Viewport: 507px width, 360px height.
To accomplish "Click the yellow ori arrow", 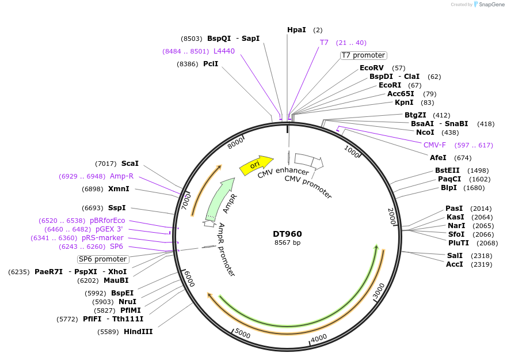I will [x=256, y=165].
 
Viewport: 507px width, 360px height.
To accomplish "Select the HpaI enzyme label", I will [x=296, y=29].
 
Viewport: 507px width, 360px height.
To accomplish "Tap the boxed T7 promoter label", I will [x=363, y=55].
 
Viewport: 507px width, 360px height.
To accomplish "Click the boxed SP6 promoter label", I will [x=103, y=259].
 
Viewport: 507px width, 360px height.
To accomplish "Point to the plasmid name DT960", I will [x=287, y=234].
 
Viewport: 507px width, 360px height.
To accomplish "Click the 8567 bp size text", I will [x=287, y=242].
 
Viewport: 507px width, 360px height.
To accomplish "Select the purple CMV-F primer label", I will [x=434, y=145].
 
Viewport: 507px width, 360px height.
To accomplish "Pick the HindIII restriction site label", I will [x=138, y=331].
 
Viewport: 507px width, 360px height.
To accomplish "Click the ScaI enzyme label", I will [x=129, y=164].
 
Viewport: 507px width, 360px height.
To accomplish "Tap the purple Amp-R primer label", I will [x=121, y=176].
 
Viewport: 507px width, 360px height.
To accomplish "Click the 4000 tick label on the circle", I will [x=318, y=338].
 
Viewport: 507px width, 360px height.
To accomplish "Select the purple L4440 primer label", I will [x=224, y=51].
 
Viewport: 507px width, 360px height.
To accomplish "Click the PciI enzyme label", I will [x=211, y=63].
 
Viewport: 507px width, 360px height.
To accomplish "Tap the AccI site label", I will [x=454, y=264].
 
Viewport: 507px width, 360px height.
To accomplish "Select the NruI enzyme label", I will [x=127, y=301].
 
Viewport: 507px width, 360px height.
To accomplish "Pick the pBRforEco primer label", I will [x=107, y=221].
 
